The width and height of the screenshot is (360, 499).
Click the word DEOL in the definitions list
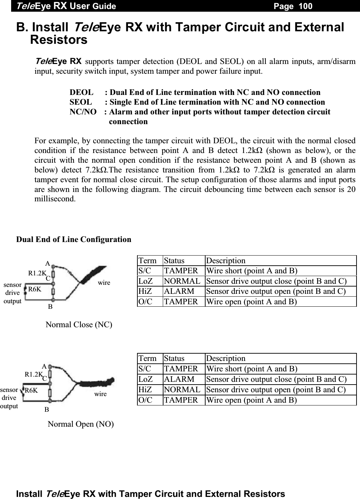click(x=81, y=92)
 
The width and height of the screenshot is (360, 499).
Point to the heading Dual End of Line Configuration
click(x=74, y=240)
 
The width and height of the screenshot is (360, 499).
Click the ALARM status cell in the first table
click(x=179, y=291)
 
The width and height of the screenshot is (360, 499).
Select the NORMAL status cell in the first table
click(x=182, y=281)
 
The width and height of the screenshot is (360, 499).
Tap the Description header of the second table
click(x=225, y=358)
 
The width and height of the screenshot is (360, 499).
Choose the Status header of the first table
click(x=174, y=260)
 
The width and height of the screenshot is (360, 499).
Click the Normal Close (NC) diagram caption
click(x=79, y=325)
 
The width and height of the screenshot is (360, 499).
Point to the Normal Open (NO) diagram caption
click(x=80, y=424)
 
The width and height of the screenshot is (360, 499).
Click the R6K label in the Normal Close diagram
click(x=35, y=289)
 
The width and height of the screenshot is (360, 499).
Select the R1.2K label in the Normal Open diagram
click(x=33, y=374)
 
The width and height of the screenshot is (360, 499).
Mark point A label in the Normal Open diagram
click(x=44, y=366)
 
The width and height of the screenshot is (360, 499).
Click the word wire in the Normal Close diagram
click(x=104, y=283)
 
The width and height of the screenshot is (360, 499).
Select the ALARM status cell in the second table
click(x=179, y=379)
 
